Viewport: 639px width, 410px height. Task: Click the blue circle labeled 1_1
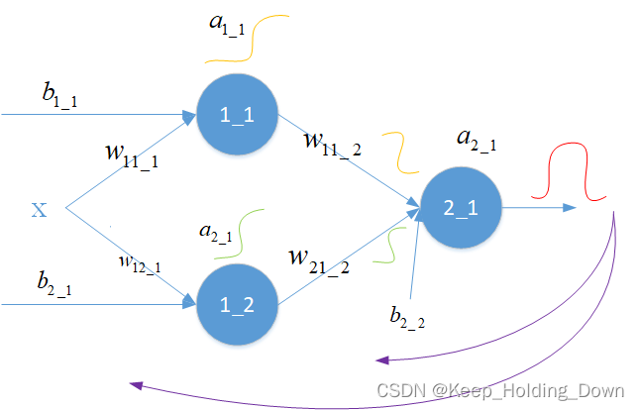238,115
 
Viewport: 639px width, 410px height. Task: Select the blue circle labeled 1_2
238,305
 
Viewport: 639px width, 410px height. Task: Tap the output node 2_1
461,209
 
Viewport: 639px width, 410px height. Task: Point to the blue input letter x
39,209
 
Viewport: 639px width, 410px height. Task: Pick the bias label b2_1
57,284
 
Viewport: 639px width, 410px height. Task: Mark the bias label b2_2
407,318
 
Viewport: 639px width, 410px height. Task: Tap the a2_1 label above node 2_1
476,140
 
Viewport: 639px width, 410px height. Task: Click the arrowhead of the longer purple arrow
135,386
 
